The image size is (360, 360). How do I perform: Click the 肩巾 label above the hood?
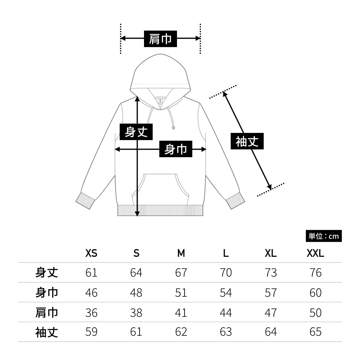pyautogui.click(x=160, y=39)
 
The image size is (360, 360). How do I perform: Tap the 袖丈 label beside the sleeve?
pyautogui.click(x=247, y=141)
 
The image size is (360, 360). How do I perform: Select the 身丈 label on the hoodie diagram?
pyautogui.click(x=136, y=132)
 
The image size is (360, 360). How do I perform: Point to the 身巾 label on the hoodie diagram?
pyautogui.click(x=175, y=149)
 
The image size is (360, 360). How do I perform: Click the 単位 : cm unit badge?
pyautogui.click(x=323, y=236)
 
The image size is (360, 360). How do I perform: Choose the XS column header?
pyautogui.click(x=91, y=253)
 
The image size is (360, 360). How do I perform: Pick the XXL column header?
pyautogui.click(x=315, y=253)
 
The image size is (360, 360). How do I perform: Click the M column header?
pyautogui.click(x=181, y=253)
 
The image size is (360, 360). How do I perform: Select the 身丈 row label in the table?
pyautogui.click(x=46, y=272)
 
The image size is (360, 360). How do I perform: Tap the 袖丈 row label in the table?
pyautogui.click(x=46, y=332)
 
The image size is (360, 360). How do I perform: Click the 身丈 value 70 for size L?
pyautogui.click(x=226, y=273)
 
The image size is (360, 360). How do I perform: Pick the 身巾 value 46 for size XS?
pyautogui.click(x=91, y=292)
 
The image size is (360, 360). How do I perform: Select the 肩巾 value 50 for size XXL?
pyautogui.click(x=315, y=313)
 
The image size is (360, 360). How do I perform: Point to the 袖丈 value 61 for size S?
pyautogui.click(x=136, y=332)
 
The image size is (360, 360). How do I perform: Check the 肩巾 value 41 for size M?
pyautogui.click(x=181, y=313)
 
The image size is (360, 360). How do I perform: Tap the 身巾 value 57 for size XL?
pyautogui.click(x=271, y=292)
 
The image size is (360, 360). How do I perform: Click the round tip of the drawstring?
pyautogui.click(x=173, y=128)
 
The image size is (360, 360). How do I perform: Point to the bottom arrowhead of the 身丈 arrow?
pyautogui.click(x=137, y=213)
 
